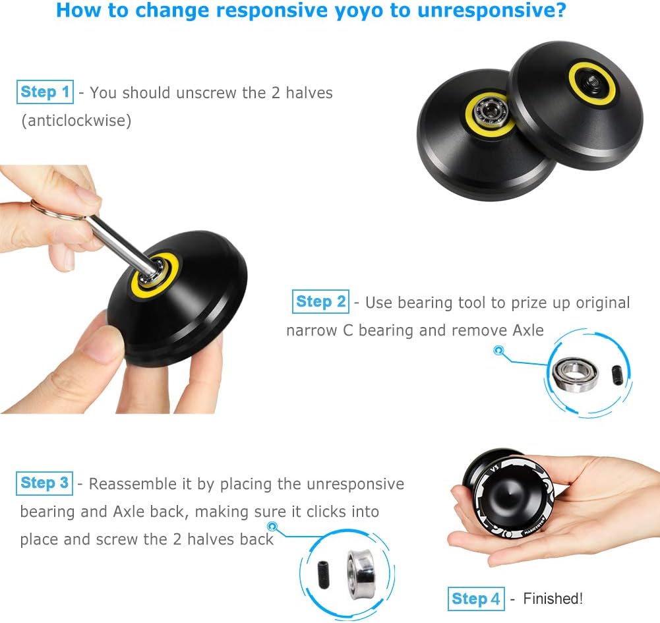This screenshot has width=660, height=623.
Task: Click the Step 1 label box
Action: [45, 92]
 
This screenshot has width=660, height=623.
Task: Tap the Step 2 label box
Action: [320, 302]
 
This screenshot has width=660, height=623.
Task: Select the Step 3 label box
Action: [45, 483]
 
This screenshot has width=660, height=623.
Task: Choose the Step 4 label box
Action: [476, 599]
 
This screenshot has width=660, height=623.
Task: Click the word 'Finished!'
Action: [553, 599]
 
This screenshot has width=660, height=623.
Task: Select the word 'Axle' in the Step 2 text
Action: [527, 330]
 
